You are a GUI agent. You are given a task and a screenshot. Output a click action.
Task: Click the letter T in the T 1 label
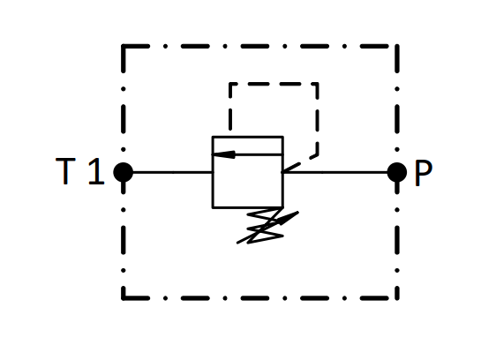tap(65, 171)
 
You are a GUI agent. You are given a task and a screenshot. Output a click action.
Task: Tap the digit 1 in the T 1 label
tap(97, 171)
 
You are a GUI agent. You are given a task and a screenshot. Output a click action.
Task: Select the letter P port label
tap(424, 173)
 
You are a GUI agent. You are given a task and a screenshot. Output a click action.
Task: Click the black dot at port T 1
tap(124, 172)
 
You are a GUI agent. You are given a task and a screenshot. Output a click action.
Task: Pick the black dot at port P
tap(397, 172)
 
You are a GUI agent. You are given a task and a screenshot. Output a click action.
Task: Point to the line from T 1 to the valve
tap(172, 172)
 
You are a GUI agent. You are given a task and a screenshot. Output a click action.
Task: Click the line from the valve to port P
tap(334, 172)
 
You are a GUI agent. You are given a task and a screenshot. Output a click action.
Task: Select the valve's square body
tap(247, 172)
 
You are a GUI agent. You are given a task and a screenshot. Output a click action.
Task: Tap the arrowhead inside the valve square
tap(223, 154)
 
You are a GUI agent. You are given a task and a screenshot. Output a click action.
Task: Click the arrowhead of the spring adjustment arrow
tap(289, 217)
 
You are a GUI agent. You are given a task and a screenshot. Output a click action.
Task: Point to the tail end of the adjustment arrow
tap(237, 244)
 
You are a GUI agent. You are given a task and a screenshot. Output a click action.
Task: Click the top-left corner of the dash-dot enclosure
tap(124, 46)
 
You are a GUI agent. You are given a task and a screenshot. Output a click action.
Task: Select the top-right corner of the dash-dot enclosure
tap(397, 46)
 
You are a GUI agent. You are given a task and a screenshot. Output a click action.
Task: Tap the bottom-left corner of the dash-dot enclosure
tap(124, 297)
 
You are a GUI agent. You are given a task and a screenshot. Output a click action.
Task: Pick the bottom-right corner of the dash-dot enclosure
tap(397, 297)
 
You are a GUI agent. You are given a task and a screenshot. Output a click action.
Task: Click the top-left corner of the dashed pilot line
tap(230, 84)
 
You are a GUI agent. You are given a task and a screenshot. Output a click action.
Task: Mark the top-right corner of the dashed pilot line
tap(317, 84)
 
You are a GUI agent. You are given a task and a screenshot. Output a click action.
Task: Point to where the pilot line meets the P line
tap(282, 172)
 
